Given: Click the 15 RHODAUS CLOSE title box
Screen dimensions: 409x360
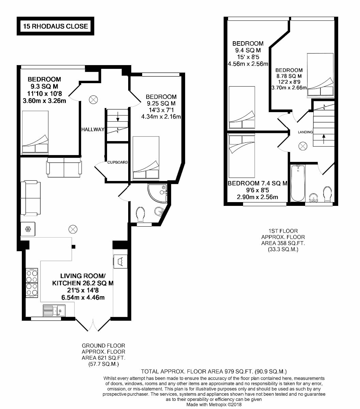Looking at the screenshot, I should coord(55,26).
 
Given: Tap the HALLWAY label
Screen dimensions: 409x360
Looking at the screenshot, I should coord(92,130).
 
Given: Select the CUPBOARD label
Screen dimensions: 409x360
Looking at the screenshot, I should coord(117,162).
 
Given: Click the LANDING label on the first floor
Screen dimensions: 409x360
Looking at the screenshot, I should coord(305,132).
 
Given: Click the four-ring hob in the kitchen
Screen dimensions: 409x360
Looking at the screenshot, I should coord(32,283).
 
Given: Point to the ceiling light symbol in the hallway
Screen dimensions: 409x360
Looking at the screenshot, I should coord(93,100).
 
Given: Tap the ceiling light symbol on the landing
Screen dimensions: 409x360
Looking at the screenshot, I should coord(302,146).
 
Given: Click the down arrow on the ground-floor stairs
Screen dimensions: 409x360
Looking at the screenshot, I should coord(118,119).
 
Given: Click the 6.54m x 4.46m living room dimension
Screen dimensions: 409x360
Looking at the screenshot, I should coord(82,297).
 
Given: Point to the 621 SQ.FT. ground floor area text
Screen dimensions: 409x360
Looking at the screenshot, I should coord(103,358).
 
